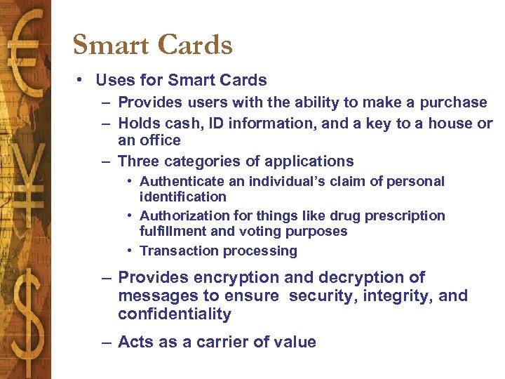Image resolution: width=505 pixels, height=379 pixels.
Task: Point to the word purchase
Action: click(x=453, y=102)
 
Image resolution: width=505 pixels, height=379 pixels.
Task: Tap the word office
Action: click(x=161, y=140)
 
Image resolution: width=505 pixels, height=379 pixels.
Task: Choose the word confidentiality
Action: click(x=174, y=314)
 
